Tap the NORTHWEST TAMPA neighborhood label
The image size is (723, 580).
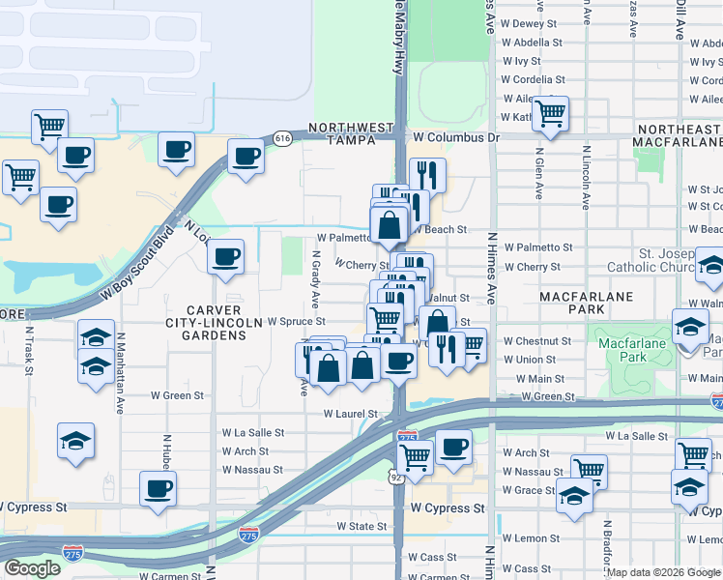coord(351,134)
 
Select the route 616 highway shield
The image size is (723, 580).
coord(281,138)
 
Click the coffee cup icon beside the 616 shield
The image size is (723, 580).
coord(246,158)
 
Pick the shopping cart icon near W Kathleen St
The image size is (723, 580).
coord(551,113)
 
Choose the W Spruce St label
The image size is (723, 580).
coord(296,321)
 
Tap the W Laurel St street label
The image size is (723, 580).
coord(351,414)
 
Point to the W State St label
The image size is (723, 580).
coord(361,526)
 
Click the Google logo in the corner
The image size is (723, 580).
coord(33,568)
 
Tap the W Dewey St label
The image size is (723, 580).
coord(530,23)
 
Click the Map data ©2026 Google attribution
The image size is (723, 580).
coord(663,572)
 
